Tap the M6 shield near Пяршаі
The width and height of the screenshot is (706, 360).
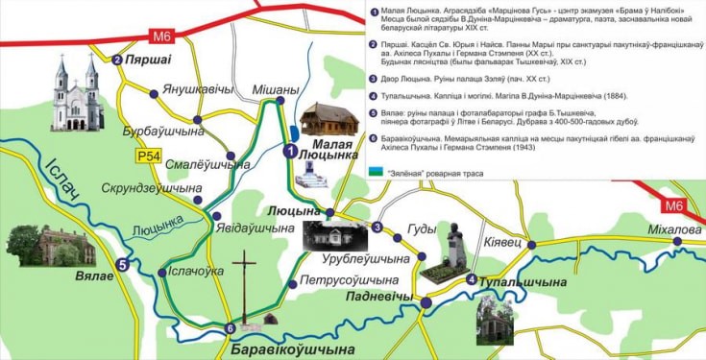click(160, 36)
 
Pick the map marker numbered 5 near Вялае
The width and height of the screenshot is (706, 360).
click(122, 266)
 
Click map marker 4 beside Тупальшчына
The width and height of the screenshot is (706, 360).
click(471, 279)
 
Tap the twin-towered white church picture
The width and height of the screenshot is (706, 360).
click(79, 93)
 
